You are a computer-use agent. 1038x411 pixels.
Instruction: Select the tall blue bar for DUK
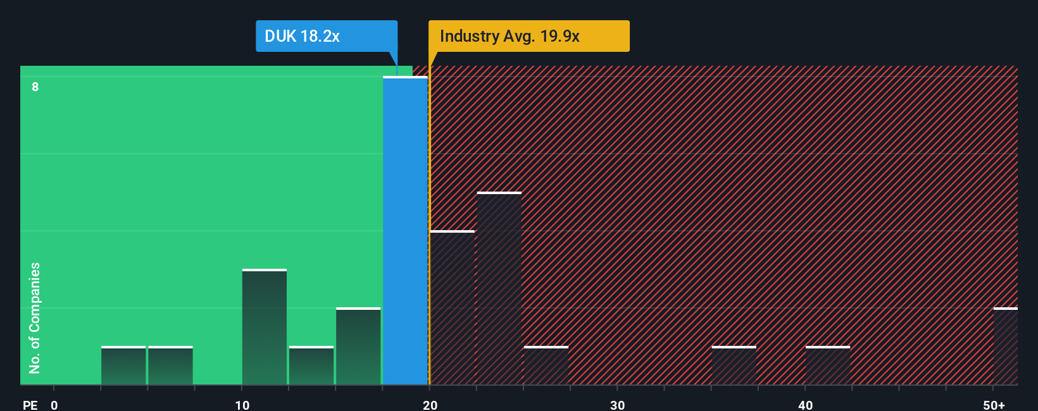point(405,231)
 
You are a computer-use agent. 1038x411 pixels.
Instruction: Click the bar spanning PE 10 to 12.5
point(264,328)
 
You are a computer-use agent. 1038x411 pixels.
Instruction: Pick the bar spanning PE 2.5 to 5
point(123,366)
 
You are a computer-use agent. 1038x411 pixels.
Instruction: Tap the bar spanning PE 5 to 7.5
point(170,366)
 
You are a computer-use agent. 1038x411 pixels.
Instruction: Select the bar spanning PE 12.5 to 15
point(311,366)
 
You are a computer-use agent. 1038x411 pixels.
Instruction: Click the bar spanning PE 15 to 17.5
point(358,347)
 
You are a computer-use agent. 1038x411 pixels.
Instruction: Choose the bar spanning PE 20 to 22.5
point(452,308)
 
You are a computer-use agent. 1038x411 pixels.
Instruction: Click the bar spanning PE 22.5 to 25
point(499,289)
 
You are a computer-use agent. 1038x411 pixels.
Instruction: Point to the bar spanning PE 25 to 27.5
point(546,366)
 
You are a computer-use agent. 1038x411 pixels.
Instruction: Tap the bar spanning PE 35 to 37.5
point(734,366)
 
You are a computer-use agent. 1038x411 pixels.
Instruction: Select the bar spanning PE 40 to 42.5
point(828,366)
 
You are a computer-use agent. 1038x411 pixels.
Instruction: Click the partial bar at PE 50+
point(1006,347)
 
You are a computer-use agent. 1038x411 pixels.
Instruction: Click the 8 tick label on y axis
point(35,87)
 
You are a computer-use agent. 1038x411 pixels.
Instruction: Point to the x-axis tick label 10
point(242,405)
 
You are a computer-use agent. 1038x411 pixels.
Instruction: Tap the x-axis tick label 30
point(617,405)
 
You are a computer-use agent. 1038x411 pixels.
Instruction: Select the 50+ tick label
point(994,405)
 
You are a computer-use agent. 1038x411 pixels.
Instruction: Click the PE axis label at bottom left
point(30,405)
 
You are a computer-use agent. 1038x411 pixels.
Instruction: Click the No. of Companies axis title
point(35,317)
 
